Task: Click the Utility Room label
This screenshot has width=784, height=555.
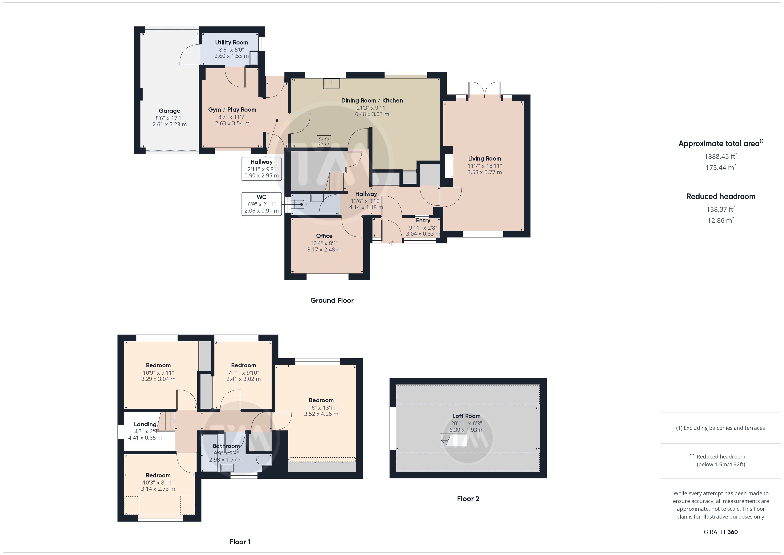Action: tap(232, 42)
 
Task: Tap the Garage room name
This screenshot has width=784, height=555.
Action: tap(169, 111)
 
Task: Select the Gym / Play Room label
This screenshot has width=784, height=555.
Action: tap(232, 110)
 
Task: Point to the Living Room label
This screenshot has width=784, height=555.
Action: tap(484, 159)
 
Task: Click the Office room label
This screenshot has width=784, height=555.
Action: tap(324, 236)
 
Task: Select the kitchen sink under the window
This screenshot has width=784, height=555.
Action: tap(332, 83)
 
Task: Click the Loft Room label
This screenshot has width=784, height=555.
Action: tap(466, 416)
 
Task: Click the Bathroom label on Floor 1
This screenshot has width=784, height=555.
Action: tap(226, 446)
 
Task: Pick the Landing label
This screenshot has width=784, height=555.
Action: tap(145, 424)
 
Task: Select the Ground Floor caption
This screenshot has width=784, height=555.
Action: tap(332, 300)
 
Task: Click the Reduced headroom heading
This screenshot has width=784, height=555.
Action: tap(721, 197)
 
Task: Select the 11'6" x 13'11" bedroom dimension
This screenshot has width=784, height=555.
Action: tap(321, 407)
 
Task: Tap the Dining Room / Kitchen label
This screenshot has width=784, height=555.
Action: tap(372, 101)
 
